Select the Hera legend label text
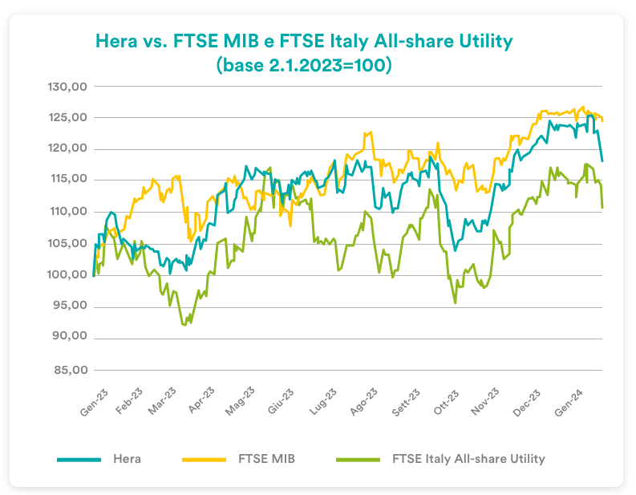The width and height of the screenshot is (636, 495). pyautogui.click(x=127, y=459)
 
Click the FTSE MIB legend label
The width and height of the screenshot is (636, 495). pyautogui.click(x=267, y=459)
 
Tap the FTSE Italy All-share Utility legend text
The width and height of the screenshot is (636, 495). pyautogui.click(x=468, y=459)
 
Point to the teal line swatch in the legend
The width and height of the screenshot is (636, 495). pyautogui.click(x=79, y=460)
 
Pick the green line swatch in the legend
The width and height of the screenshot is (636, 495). pyautogui.click(x=354, y=460)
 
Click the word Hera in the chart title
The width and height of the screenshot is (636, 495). pyautogui.click(x=115, y=40)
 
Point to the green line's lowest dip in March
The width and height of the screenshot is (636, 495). pyautogui.click(x=184, y=324)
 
